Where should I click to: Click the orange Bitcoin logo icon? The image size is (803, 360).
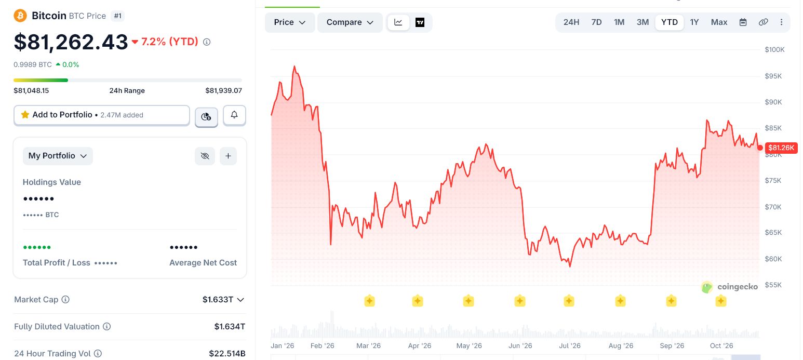point(20,16)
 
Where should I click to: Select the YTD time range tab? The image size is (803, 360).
point(670,22)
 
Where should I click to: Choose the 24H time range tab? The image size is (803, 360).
point(571,22)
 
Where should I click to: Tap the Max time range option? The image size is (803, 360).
point(719,22)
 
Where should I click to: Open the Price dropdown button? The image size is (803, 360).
point(290,22)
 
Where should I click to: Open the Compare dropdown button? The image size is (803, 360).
point(350,22)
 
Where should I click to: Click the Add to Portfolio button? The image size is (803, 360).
point(101,115)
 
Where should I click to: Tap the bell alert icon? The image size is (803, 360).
point(234,115)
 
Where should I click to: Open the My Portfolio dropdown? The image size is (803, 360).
point(58,156)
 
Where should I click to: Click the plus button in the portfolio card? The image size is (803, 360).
point(228,156)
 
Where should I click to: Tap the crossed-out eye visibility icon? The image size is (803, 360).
point(205,156)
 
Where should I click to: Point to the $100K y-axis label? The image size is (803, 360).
point(774,49)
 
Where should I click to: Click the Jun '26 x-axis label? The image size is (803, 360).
point(520,345)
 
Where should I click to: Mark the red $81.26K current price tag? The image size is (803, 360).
point(781,148)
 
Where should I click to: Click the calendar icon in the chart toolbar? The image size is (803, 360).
point(743,22)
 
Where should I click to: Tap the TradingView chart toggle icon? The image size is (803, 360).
point(420,22)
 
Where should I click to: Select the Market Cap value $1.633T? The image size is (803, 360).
point(218,299)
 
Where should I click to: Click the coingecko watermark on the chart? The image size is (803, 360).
point(730,287)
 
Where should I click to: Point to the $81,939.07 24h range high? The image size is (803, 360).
point(223,91)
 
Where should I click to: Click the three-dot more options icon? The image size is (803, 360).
point(782,22)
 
